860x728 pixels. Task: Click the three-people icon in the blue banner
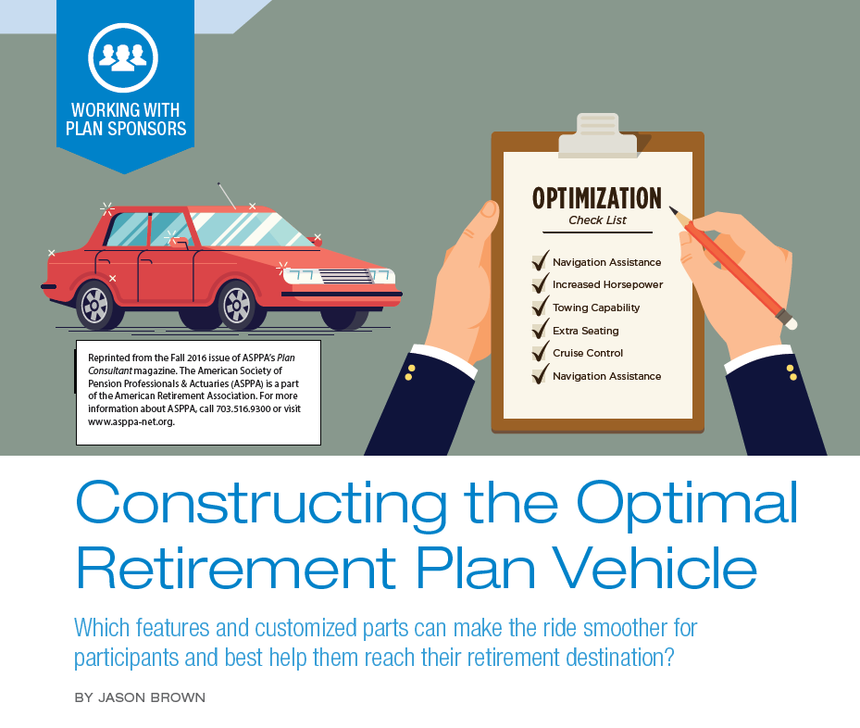(x=123, y=57)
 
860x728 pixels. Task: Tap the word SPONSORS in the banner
(x=147, y=129)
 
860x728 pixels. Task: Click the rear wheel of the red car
(x=94, y=306)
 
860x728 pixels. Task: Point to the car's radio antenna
(x=227, y=195)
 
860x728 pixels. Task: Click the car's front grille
(x=346, y=277)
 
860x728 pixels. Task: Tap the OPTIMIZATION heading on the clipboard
(x=597, y=198)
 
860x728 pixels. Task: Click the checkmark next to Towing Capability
(x=541, y=307)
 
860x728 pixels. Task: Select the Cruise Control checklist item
(x=588, y=353)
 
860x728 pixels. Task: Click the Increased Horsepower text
(x=607, y=284)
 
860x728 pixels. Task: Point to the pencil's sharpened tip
(x=670, y=207)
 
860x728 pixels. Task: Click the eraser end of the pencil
(x=791, y=323)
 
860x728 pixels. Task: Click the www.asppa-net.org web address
(x=131, y=421)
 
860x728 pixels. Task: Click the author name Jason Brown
(x=152, y=697)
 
